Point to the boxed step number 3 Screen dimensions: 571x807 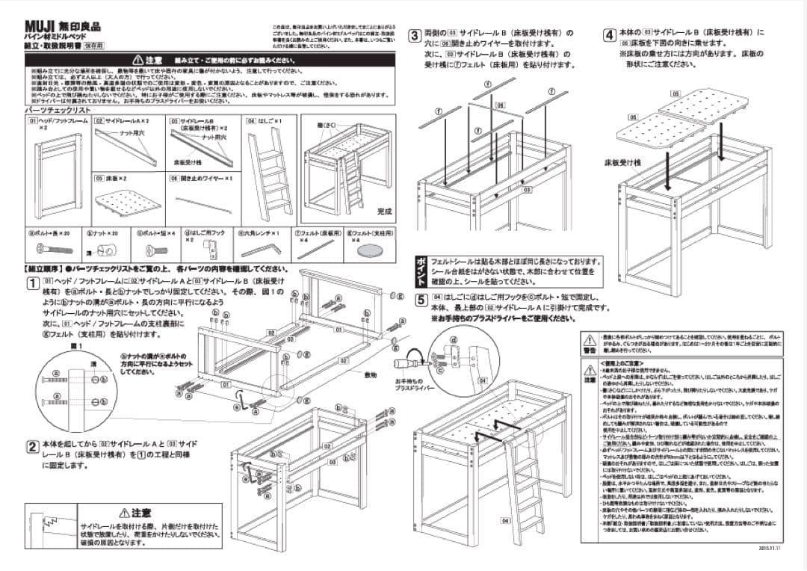[x=413, y=34]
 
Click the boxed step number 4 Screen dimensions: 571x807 [x=610, y=34]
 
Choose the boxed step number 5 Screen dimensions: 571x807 [x=421, y=300]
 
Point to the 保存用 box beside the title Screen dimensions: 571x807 [x=93, y=46]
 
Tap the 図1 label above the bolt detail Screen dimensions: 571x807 [x=75, y=346]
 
